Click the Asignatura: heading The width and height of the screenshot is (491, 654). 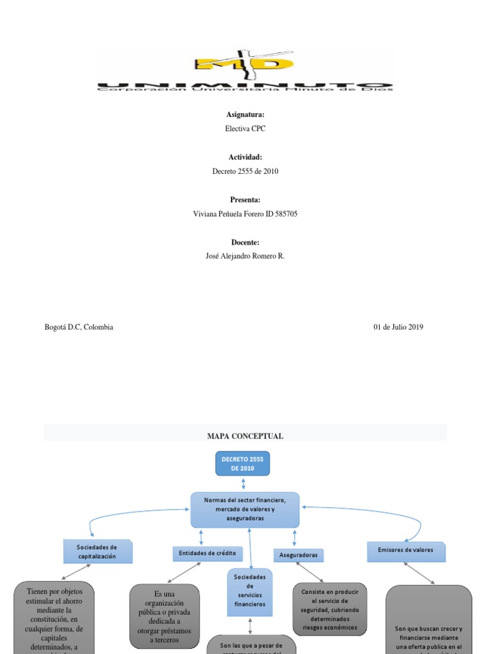click(x=245, y=114)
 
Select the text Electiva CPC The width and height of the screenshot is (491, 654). click(x=245, y=128)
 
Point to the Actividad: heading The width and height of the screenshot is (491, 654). click(x=245, y=157)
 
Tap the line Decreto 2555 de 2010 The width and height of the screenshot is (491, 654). click(x=245, y=171)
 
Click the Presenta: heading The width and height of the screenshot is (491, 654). click(x=245, y=200)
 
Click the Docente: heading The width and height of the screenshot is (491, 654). click(x=245, y=243)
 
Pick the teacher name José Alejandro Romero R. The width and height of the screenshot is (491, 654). click(x=245, y=256)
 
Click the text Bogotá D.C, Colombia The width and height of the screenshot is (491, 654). click(x=79, y=327)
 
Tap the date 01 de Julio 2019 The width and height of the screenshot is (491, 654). click(x=398, y=327)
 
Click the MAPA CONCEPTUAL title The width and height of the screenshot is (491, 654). click(x=245, y=436)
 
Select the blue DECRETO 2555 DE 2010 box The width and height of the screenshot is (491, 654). click(x=243, y=464)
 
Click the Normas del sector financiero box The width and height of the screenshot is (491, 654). click(x=245, y=509)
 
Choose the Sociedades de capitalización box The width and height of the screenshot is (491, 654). click(x=97, y=552)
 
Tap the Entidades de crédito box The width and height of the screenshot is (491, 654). click(x=208, y=553)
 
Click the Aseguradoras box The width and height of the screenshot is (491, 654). click(x=298, y=556)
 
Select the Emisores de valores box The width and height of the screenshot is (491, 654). click(x=406, y=551)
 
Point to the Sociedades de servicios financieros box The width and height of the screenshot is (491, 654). click(x=250, y=590)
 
